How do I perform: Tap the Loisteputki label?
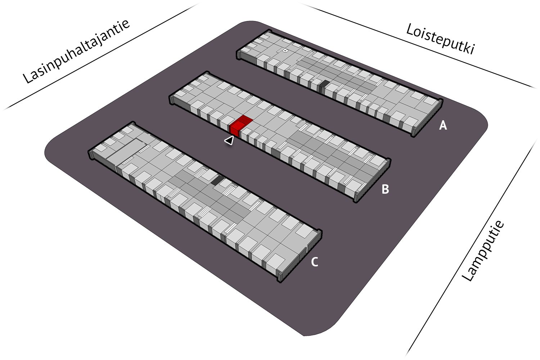(x=440, y=39)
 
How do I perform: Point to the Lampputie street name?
(x=483, y=251)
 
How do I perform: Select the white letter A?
(x=443, y=125)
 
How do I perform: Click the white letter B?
(x=385, y=189)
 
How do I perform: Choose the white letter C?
(x=314, y=262)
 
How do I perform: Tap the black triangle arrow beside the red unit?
(x=229, y=140)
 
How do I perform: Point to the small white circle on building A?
(x=285, y=51)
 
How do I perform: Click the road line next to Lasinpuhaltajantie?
(x=101, y=58)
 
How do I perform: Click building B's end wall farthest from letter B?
(x=172, y=100)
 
